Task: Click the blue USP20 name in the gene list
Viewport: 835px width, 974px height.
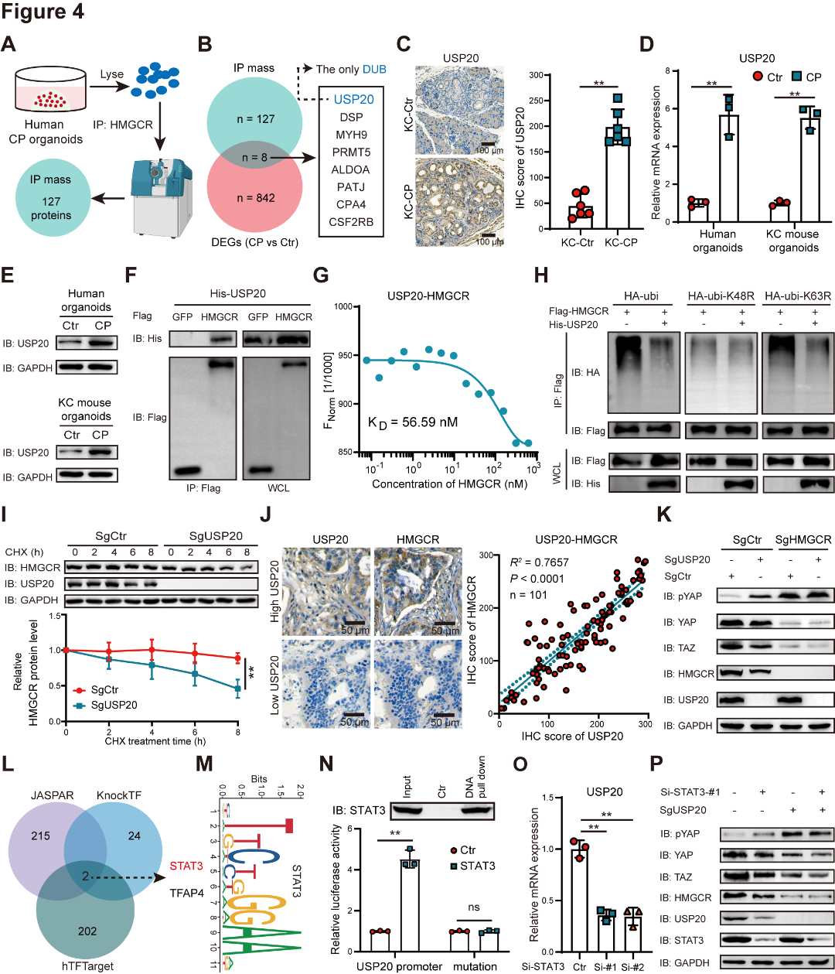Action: tap(353, 99)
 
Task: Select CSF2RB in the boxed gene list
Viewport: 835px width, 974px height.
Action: tap(351, 222)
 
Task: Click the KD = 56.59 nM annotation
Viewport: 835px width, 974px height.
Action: tap(412, 422)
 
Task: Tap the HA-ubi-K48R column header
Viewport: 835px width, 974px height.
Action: tap(720, 296)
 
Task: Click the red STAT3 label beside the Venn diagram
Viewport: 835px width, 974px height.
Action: tap(186, 866)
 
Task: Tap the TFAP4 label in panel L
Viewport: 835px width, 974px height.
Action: tap(186, 893)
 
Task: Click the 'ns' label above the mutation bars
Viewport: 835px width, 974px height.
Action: tap(474, 907)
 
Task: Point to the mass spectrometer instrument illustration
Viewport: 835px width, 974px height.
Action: tap(162, 190)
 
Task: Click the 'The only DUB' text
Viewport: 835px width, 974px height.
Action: tap(351, 69)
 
